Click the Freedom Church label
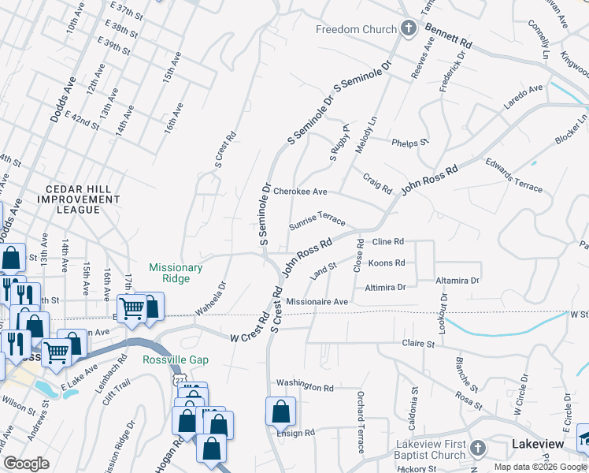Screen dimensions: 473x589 [356, 30]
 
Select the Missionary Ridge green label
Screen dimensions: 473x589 [176, 274]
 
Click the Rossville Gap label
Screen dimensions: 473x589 [176, 359]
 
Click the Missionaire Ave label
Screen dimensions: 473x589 [317, 302]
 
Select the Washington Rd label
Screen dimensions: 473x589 [305, 387]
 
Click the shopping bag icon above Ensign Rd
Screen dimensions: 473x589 [281, 411]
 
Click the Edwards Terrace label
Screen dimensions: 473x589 [513, 175]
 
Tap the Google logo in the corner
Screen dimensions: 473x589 [26, 464]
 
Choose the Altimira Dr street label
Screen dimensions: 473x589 [385, 288]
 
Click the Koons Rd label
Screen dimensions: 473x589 [386, 263]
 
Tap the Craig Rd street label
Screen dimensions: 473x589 [377, 184]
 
